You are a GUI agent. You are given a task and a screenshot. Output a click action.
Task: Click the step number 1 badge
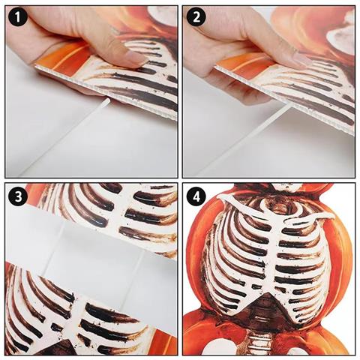(18, 17)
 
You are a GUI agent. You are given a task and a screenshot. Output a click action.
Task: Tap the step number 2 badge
(196, 17)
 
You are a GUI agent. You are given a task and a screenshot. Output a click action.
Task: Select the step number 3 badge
(18, 196)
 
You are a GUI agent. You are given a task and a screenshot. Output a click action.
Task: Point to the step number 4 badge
(196, 196)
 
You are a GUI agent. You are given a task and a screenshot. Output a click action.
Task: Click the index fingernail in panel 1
(136, 59)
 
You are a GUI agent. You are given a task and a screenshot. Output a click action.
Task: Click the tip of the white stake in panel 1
(108, 100)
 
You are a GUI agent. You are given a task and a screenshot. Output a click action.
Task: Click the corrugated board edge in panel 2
(285, 100)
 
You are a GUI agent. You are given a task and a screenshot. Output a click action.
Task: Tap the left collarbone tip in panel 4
(220, 197)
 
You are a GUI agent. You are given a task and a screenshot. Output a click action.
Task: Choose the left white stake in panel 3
(55, 246)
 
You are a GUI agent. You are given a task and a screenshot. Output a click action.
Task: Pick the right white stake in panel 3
(133, 279)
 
